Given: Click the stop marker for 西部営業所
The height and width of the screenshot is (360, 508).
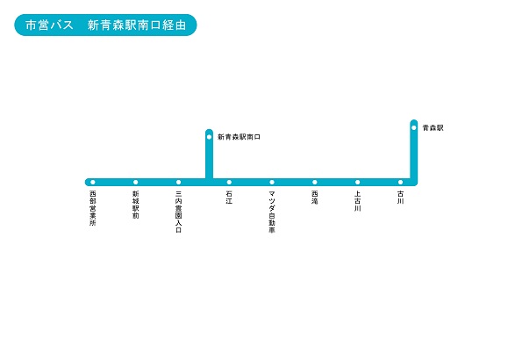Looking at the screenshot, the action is [93, 183].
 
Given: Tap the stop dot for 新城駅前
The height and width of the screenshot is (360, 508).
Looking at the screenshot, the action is [135, 183].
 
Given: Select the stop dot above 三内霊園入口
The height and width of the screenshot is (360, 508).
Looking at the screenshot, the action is [178, 183].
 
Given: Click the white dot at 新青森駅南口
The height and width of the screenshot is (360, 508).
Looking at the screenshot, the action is [209, 137].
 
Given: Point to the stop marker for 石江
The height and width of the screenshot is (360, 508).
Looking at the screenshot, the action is [229, 183].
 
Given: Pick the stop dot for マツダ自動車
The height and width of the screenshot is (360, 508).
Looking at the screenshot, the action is [272, 183].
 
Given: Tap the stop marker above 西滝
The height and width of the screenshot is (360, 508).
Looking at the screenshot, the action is [315, 183].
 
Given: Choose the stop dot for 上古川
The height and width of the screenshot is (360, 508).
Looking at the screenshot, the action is [357, 183].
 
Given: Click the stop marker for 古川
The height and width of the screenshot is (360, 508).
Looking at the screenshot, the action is [400, 183].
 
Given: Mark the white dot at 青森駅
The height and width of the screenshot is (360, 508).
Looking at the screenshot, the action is [414, 128].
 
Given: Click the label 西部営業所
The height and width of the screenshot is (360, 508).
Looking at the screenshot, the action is [93, 208].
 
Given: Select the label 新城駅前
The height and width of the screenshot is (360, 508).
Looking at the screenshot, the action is [136, 205].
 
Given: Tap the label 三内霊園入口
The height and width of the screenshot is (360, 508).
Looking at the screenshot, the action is [178, 212].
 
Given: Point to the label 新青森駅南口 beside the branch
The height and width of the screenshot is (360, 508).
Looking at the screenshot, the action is [240, 137].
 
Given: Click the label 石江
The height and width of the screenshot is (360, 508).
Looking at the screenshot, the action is [229, 198].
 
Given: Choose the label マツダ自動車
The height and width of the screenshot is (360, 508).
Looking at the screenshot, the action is [272, 212].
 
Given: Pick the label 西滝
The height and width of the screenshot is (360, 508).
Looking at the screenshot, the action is [315, 198].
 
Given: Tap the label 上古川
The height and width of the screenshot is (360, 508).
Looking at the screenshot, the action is [357, 201].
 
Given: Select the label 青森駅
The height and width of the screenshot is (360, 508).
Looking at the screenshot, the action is [433, 128].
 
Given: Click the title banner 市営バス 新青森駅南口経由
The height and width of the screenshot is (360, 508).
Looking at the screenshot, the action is [105, 25].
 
